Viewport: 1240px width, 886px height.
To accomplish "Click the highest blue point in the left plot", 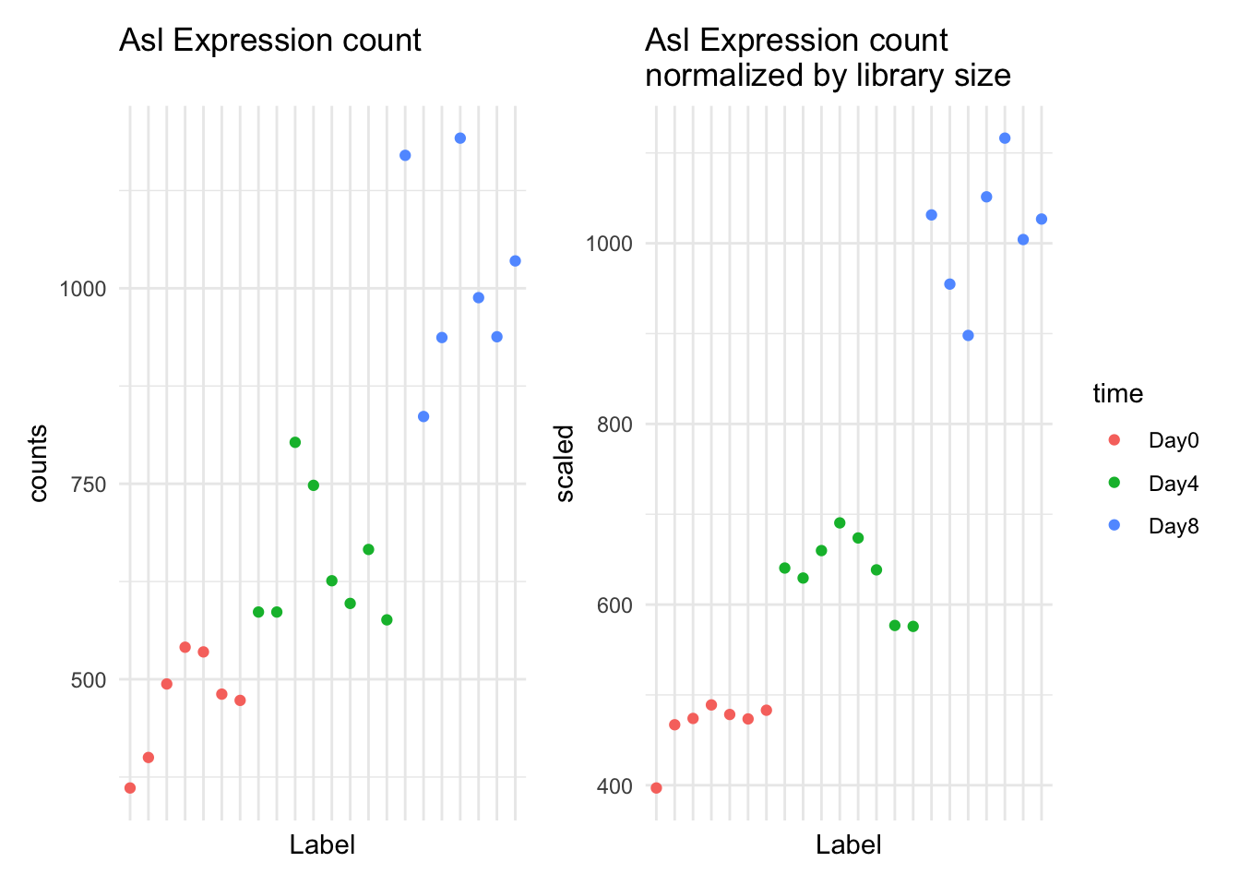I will [459, 138].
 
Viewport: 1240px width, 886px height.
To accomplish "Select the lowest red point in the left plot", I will [130, 787].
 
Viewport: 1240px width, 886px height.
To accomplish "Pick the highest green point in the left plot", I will [295, 442].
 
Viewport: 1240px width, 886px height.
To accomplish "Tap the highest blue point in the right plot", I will [1005, 138].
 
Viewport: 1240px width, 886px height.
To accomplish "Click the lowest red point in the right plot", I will [656, 787].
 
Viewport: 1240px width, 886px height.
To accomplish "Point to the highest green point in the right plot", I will [840, 523].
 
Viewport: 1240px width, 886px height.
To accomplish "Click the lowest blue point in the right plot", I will [968, 335].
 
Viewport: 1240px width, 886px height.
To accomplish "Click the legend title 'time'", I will [1117, 394].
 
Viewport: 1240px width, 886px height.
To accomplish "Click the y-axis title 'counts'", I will [38, 463].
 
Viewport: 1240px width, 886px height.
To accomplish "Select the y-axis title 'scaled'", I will [565, 463].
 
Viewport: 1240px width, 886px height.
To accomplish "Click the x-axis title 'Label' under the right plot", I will [848, 844].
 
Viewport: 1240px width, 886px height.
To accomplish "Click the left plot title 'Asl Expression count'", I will [269, 41].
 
